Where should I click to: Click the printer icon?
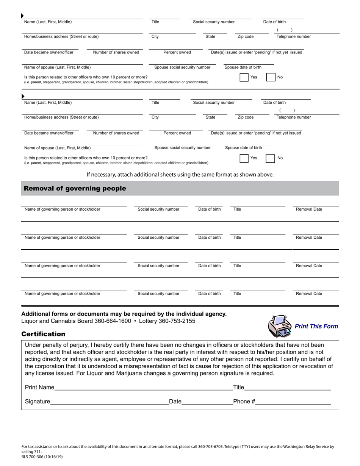(x=280, y=326)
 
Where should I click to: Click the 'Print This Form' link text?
(x=316, y=326)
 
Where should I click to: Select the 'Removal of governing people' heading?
(x=75, y=189)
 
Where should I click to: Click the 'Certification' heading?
(x=43, y=334)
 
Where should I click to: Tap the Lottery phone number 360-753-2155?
(x=177, y=321)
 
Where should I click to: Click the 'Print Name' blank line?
(x=140, y=388)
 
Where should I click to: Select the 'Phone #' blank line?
(x=293, y=402)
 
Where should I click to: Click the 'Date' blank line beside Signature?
(x=207, y=402)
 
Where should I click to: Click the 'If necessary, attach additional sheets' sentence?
(x=180, y=175)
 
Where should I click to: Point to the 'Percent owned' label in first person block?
(x=177, y=52)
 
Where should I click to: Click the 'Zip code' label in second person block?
(x=246, y=117)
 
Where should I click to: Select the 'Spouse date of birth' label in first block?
(x=243, y=67)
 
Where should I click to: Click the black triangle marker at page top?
(x=22, y=16)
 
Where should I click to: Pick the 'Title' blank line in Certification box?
(x=287, y=388)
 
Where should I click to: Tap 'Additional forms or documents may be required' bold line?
(x=124, y=314)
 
